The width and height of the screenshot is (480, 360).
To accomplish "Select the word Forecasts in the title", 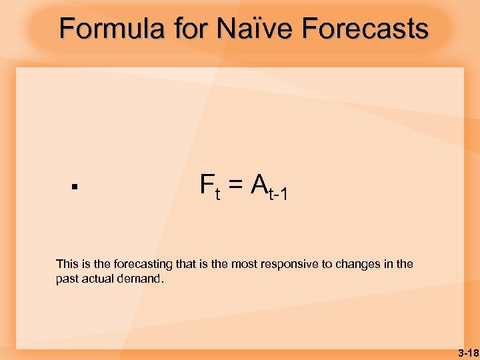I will pos(365,29).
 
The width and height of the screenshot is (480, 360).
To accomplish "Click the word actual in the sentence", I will pos(99,279).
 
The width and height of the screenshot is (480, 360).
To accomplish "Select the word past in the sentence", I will pos(67,279).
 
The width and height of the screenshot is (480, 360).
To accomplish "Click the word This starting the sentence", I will pos(67,265).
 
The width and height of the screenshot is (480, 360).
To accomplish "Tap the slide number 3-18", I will pos(467,351).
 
